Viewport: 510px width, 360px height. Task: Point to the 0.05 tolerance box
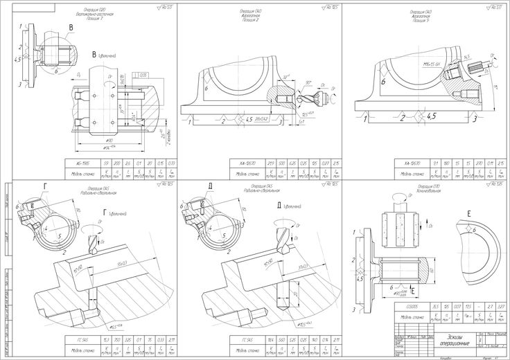143,73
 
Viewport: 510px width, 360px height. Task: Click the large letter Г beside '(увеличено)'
105,212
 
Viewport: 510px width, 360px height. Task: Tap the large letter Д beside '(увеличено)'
277,206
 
